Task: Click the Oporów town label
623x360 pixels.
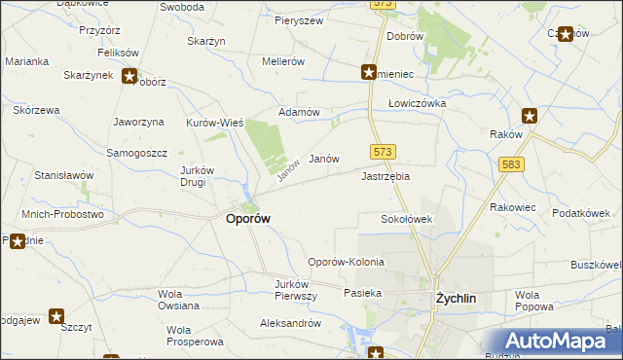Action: click(248, 219)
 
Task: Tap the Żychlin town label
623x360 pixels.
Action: click(455, 299)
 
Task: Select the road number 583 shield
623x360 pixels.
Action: click(512, 165)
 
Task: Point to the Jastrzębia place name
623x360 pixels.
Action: click(385, 176)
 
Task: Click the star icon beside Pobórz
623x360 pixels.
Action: click(130, 76)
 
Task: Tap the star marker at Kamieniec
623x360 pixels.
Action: click(369, 72)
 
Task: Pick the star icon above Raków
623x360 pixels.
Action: click(530, 115)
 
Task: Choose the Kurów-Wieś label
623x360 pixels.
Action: click(214, 123)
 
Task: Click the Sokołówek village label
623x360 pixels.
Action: click(406, 219)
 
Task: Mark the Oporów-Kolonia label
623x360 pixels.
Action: click(346, 262)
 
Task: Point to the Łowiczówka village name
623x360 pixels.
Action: click(417, 102)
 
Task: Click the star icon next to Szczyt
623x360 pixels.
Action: click(56, 315)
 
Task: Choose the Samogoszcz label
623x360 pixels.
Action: click(137, 154)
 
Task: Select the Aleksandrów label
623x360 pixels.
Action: click(290, 322)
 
